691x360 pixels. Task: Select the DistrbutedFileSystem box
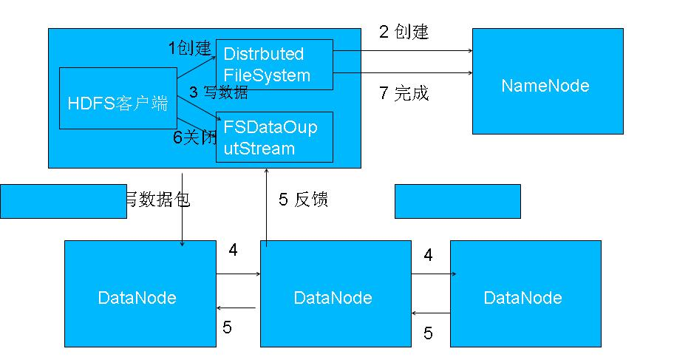(x=274, y=65)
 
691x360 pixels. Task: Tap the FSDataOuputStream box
(x=274, y=137)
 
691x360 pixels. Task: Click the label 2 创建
(x=404, y=32)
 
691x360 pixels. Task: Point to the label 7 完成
(x=404, y=94)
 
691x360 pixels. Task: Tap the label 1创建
(x=189, y=49)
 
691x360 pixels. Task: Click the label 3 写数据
(x=218, y=92)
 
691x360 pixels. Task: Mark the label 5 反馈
(x=303, y=200)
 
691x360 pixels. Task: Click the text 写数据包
(x=158, y=200)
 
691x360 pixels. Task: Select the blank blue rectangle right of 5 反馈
(x=457, y=201)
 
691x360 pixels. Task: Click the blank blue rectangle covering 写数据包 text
(x=63, y=202)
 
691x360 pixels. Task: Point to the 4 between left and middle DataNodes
(x=233, y=251)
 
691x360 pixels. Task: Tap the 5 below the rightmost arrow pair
(x=428, y=333)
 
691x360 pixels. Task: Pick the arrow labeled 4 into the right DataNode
(x=434, y=274)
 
